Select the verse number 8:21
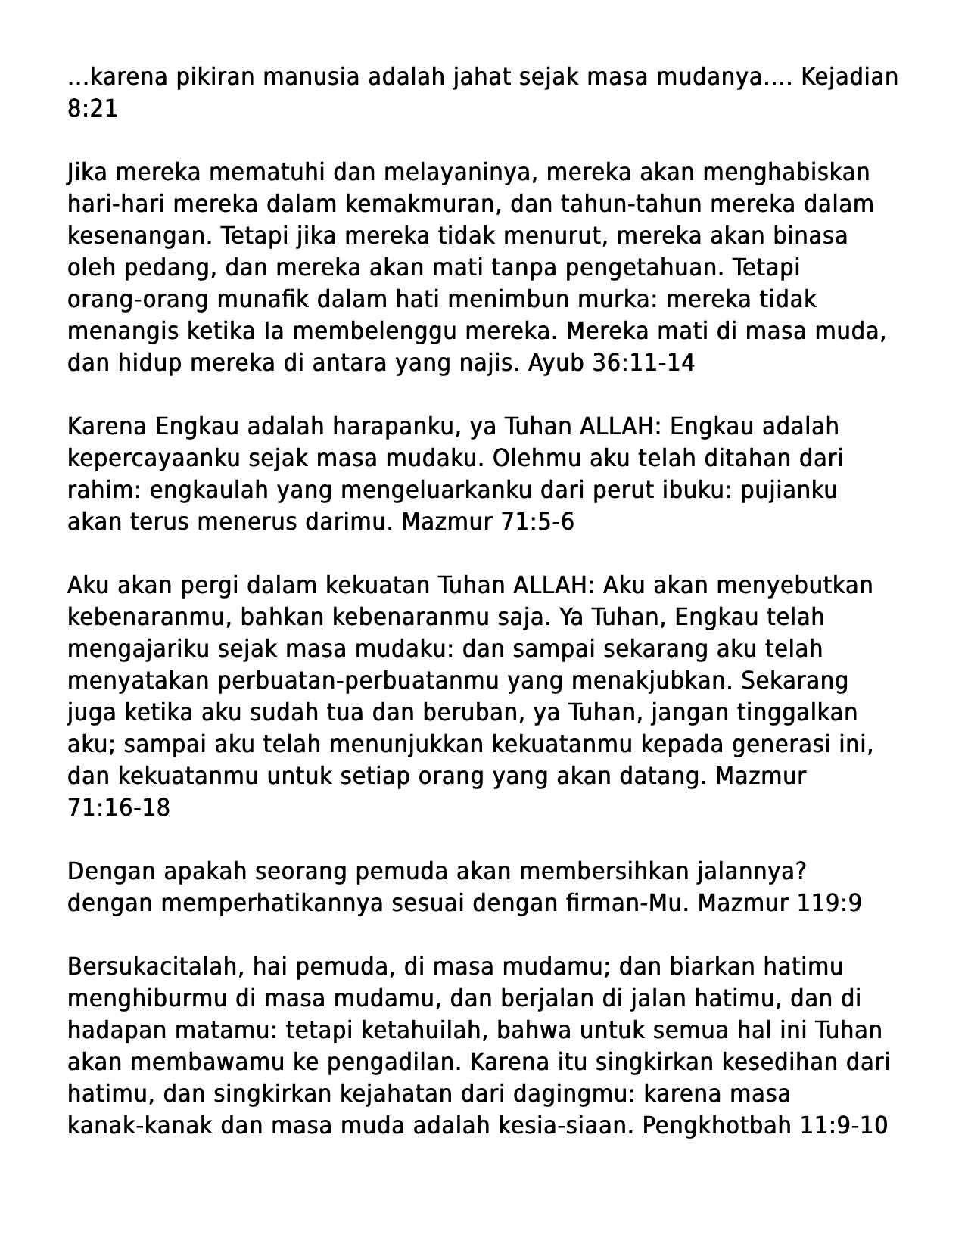click(x=92, y=109)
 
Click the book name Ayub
click(x=556, y=363)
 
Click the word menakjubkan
click(x=652, y=681)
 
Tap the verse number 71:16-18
click(x=119, y=808)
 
